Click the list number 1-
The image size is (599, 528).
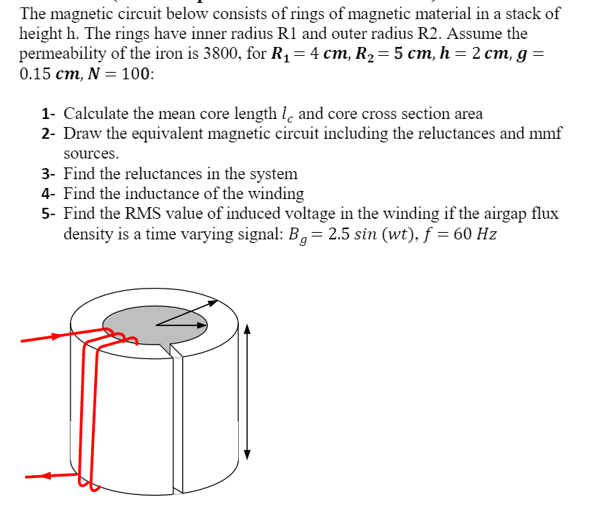tap(49, 114)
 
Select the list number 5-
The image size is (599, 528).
tap(49, 214)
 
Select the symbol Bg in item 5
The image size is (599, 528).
tap(297, 236)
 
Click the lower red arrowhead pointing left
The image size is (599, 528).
tap(44, 475)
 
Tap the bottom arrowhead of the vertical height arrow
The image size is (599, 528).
tap(248, 455)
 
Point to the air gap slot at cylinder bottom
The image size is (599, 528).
tap(178, 488)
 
